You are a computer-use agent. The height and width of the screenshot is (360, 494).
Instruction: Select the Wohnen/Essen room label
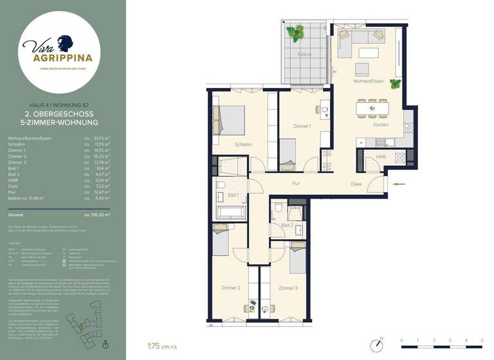tap(368, 82)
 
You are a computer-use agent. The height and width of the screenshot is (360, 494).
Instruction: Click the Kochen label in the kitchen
tap(380, 125)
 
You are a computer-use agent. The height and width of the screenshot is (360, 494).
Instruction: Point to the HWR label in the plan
tap(381, 156)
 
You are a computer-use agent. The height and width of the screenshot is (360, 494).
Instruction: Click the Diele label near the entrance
tap(356, 184)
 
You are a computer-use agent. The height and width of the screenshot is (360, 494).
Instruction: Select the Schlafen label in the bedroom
tap(243, 145)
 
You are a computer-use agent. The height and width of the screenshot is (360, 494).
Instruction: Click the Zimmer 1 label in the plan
tap(302, 126)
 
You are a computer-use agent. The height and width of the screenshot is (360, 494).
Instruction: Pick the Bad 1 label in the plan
tap(233, 195)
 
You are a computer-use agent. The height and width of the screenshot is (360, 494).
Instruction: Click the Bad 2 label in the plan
tap(288, 225)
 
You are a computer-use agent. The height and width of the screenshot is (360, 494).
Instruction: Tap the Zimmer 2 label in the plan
tap(230, 288)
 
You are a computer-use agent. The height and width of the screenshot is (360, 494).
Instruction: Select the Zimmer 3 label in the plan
tap(288, 288)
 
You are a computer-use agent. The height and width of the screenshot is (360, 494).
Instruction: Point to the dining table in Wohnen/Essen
tap(372, 108)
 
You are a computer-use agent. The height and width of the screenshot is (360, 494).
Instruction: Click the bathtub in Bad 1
tap(231, 212)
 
